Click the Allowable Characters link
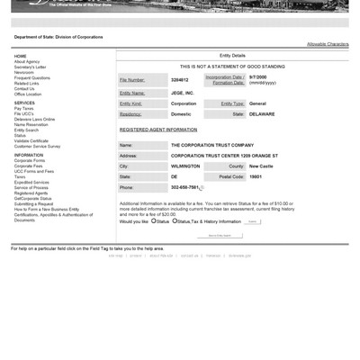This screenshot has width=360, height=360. click(328, 43)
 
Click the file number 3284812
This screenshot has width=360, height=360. click(180, 80)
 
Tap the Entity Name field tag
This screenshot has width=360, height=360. click(131, 93)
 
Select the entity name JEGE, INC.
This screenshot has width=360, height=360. click(183, 93)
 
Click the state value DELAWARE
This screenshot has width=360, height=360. click(262, 114)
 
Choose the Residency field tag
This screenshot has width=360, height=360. click(130, 114)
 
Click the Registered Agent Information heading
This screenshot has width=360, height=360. click(159, 130)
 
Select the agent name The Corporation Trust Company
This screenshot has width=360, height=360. click(211, 145)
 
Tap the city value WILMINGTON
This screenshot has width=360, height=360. click(185, 166)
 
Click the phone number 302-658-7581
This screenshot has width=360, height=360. click(185, 188)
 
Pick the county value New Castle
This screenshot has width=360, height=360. click(261, 166)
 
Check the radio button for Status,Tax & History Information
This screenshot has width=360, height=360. click(175, 220)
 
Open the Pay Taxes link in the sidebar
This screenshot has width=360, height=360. click(24, 109)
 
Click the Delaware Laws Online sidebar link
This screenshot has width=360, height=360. click(34, 119)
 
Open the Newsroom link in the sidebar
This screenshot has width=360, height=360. click(24, 73)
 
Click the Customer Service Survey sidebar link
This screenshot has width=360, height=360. click(37, 146)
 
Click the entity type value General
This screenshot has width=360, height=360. click(257, 103)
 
